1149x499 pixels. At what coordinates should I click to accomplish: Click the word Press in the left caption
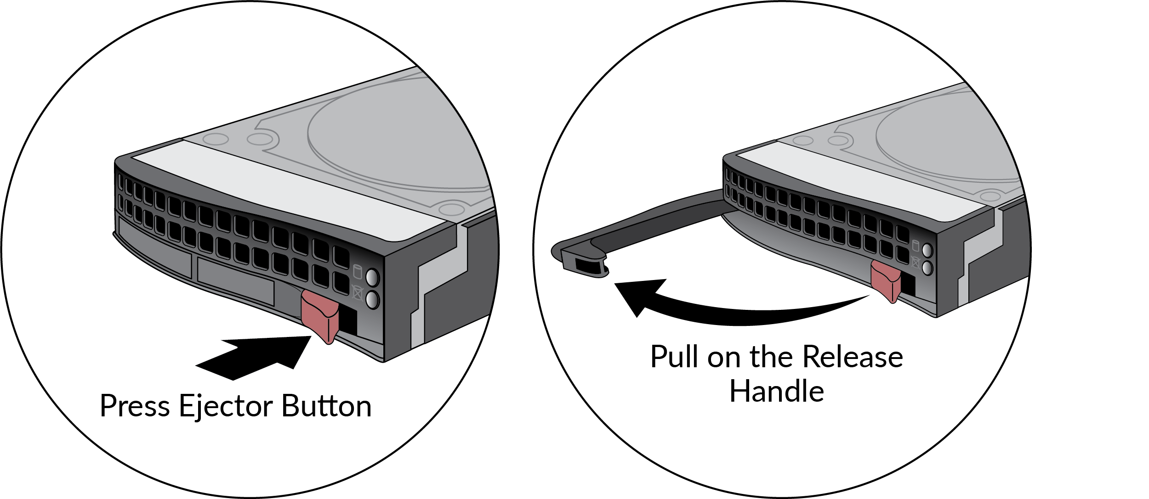135,406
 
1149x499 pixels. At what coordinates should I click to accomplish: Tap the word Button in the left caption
326,406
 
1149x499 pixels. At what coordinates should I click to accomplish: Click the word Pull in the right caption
674,357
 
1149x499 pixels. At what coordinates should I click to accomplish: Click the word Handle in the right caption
777,392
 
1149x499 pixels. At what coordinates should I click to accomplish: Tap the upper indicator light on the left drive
372,278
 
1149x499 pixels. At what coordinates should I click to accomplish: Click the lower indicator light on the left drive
372,300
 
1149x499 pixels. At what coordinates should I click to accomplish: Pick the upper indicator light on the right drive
927,250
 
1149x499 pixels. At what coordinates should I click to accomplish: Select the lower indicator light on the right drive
927,268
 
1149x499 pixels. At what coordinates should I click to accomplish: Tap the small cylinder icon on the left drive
358,272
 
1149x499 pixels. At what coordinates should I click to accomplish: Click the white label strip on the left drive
294,193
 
